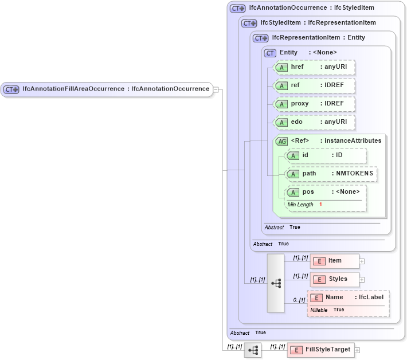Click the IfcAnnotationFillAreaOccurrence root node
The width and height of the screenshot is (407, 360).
[107, 89]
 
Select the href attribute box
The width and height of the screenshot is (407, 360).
[314, 67]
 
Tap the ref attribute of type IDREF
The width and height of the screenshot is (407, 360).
[314, 85]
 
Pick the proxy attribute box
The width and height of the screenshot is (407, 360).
[314, 104]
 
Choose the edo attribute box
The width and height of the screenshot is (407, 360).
[314, 122]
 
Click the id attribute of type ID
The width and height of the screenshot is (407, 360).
[325, 155]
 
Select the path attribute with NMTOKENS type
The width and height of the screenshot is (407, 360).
[331, 174]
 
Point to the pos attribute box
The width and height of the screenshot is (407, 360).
[325, 192]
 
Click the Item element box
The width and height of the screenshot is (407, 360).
[335, 261]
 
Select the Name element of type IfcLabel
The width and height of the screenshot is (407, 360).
[348, 298]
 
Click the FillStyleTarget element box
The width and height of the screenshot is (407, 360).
[321, 350]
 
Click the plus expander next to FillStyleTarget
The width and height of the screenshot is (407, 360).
[357, 350]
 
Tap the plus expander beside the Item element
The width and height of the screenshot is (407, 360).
[362, 261]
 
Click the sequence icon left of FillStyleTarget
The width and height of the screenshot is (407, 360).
[252, 350]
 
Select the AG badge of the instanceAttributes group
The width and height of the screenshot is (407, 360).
[281, 141]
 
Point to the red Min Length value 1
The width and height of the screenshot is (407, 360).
[320, 205]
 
